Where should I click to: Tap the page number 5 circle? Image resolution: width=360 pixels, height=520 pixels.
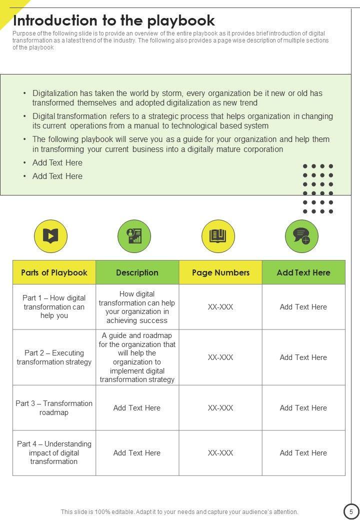pos(351,511)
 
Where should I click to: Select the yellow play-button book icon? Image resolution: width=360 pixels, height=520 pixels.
pos(50,236)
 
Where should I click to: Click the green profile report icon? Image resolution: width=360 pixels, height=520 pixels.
pos(134,236)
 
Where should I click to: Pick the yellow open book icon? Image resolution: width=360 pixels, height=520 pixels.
pos(218,236)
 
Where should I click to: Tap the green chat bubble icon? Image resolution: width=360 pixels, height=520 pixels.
pos(301,236)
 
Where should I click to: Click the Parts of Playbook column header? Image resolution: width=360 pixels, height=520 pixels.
pos(54,272)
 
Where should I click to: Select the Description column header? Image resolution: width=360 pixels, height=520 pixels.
pos(137,272)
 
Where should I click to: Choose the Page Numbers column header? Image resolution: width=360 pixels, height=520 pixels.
pos(220,272)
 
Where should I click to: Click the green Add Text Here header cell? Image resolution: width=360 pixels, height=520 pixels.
pos(303,272)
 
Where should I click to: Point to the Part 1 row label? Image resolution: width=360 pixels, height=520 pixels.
pos(54,307)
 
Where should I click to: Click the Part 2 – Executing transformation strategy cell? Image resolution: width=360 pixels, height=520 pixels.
pos(54,357)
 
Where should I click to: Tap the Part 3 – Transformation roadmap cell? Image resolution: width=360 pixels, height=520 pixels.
pos(54,408)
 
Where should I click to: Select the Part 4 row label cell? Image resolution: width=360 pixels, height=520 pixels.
pos(54,453)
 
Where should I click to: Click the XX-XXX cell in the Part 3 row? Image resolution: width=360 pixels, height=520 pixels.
pos(220,408)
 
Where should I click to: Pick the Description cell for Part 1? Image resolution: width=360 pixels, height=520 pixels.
pos(137,307)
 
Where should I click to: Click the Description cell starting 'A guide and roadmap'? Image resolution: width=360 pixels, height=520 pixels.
pos(137,357)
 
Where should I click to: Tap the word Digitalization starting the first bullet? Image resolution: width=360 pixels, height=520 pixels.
pos(55,93)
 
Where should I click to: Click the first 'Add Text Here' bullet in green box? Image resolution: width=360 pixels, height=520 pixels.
pos(57,162)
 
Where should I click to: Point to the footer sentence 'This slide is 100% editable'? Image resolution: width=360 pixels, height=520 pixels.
pos(179,511)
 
